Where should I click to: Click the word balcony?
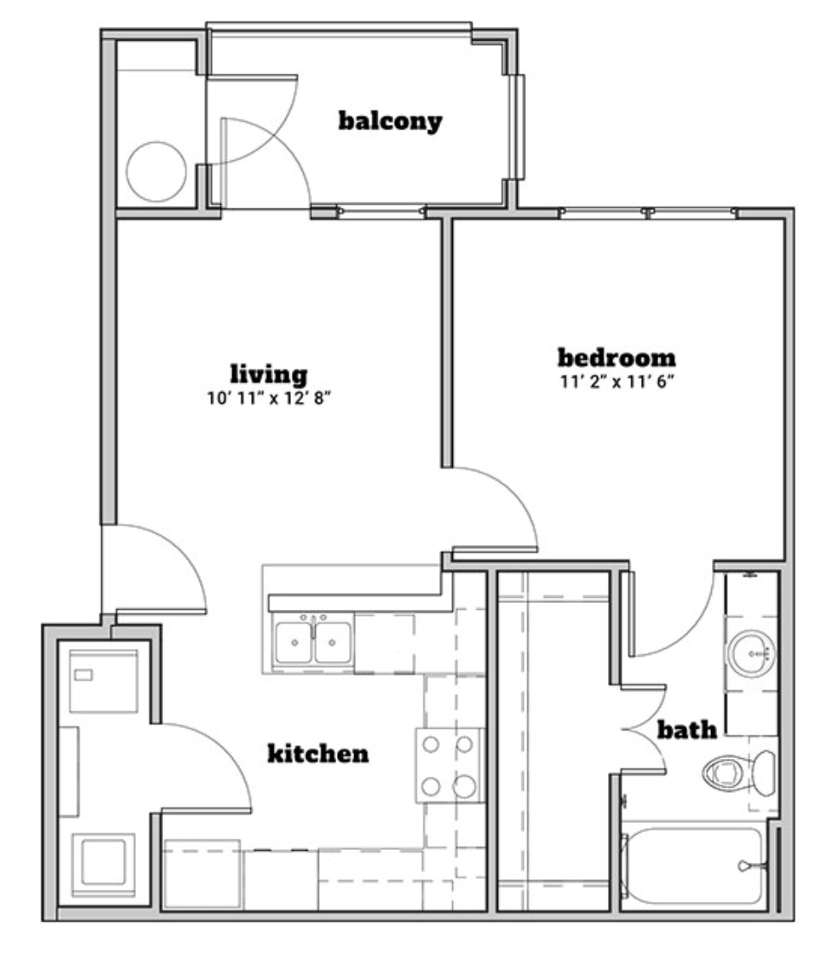point(390,120)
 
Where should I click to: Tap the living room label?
point(268,373)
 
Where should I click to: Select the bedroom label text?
point(617,357)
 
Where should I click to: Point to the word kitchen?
point(318,753)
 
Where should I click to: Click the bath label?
point(687,729)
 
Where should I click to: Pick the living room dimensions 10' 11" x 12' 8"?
point(268,399)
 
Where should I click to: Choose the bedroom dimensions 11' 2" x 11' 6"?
point(618,382)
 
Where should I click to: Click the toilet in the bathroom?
point(739,773)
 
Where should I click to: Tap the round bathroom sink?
point(752,653)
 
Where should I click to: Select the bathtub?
point(693,865)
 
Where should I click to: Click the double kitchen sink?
point(313,642)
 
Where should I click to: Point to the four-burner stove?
point(449,765)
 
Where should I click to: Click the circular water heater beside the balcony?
point(156,172)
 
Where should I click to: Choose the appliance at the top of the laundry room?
point(103,681)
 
